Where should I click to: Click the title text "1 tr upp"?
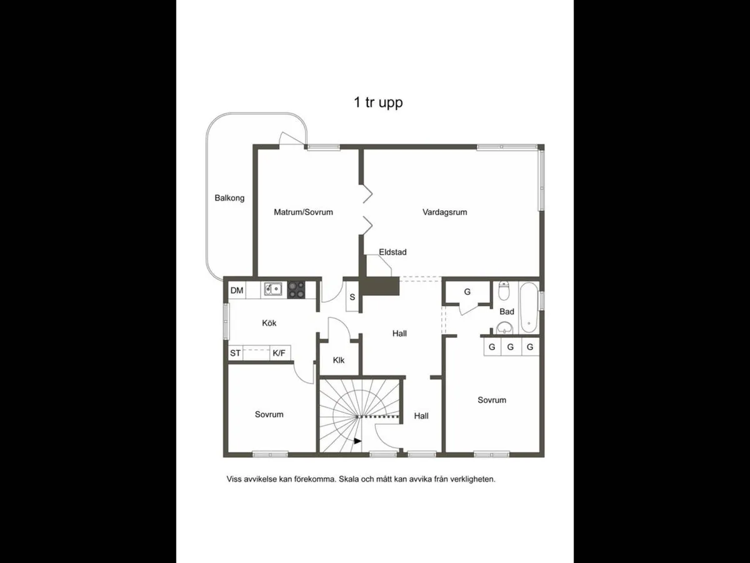(x=378, y=103)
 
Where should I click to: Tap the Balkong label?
(x=229, y=198)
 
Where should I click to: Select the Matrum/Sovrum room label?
(x=303, y=212)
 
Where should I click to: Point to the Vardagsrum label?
(x=444, y=212)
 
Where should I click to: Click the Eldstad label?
(x=392, y=252)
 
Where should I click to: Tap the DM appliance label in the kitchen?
(x=237, y=290)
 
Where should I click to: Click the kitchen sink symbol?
(x=272, y=289)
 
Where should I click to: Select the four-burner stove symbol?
(x=296, y=289)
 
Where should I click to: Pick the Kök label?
(x=269, y=323)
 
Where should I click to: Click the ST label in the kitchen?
(x=236, y=353)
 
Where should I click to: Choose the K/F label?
(x=279, y=353)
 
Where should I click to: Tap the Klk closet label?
(x=339, y=360)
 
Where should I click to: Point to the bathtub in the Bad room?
(x=529, y=308)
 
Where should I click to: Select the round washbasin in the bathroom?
(x=505, y=327)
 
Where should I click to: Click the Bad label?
(x=507, y=312)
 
